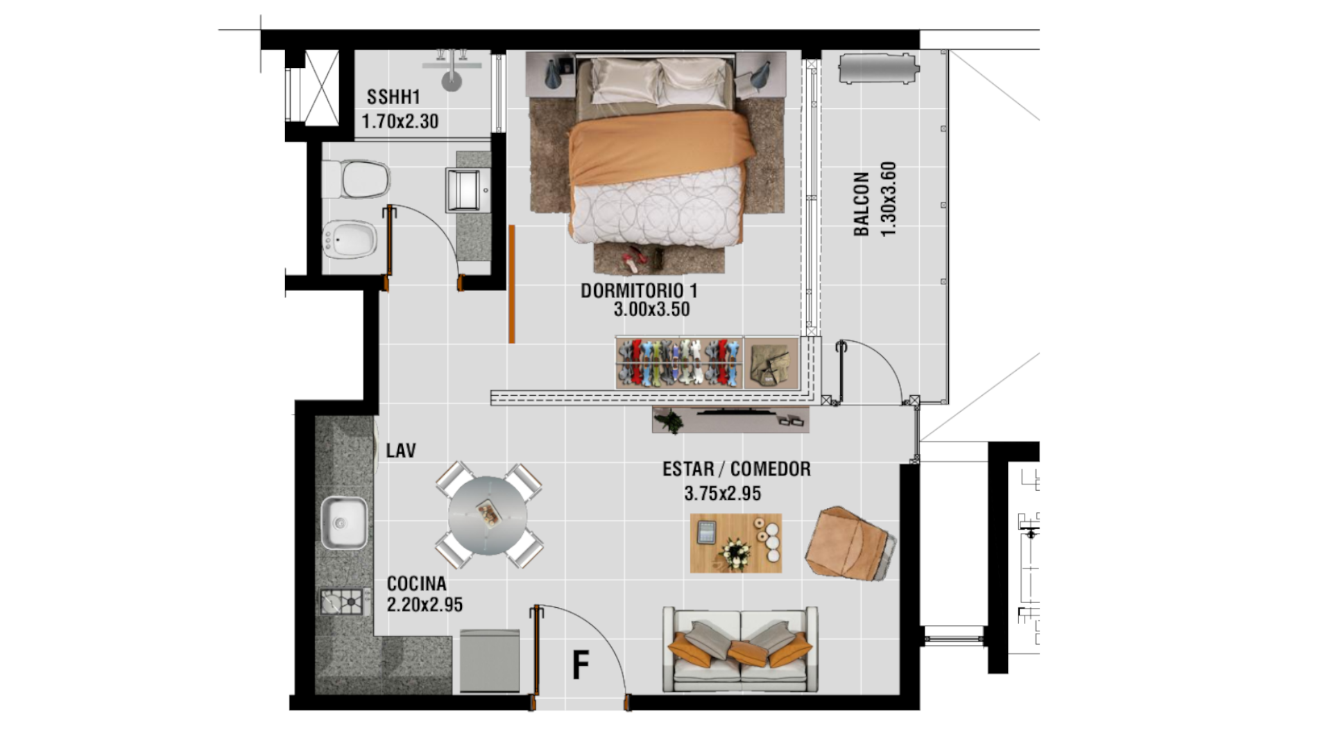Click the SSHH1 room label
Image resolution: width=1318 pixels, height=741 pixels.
coord(393,97)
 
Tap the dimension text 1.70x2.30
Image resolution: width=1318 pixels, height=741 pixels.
coord(400,121)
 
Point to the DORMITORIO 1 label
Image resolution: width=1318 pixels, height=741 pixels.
coord(639,290)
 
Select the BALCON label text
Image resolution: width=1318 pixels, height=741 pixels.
coord(861,204)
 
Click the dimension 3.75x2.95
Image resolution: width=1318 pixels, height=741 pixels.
coord(722,494)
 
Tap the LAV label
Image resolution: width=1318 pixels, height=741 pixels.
coord(401,451)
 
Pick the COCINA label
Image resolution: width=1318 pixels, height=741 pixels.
coord(416,584)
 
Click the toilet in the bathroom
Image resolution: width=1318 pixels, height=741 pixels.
coord(357,179)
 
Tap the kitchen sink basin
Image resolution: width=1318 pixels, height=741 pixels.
coord(344,522)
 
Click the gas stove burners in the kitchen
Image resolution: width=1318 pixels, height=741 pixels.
coord(344,602)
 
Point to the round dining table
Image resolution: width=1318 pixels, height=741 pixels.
coord(488,515)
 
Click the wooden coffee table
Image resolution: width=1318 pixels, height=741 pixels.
coord(736,543)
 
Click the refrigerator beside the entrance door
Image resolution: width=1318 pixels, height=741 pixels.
coord(490,661)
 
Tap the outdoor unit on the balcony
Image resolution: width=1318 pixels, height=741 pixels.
coord(879,69)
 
